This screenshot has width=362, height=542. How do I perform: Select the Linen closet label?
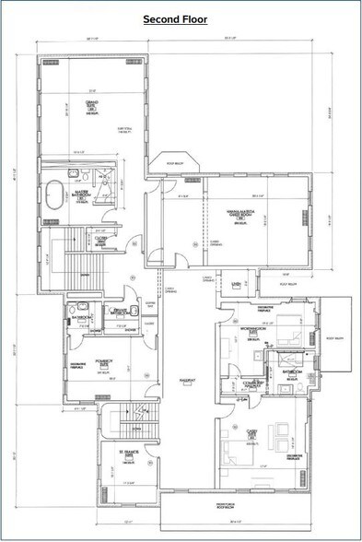point(236,284)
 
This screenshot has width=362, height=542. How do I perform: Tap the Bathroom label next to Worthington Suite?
point(294,371)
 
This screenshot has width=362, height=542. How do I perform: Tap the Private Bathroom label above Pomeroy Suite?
point(120,313)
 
